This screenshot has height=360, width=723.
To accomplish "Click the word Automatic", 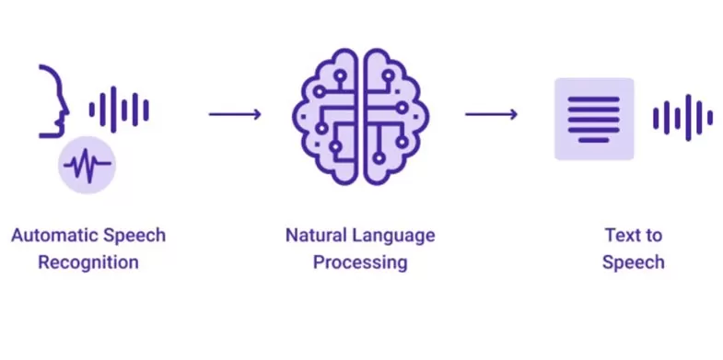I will tap(50, 236).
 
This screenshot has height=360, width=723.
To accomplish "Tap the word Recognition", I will tap(88, 262).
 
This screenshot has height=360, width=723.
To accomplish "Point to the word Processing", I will tap(359, 262).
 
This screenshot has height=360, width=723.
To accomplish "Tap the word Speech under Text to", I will tap(633, 262).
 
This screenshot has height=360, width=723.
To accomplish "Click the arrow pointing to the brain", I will tap(235, 114).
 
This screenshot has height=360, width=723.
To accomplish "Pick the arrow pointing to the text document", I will tap(491, 114).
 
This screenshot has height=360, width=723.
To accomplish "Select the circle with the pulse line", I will tap(86, 167).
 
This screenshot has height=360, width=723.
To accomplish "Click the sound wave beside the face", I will tap(119, 110).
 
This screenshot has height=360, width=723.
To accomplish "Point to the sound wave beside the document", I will tap(682, 118).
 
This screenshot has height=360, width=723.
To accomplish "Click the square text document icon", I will tap(594, 119).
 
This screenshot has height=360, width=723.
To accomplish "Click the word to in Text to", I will tap(652, 236).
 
